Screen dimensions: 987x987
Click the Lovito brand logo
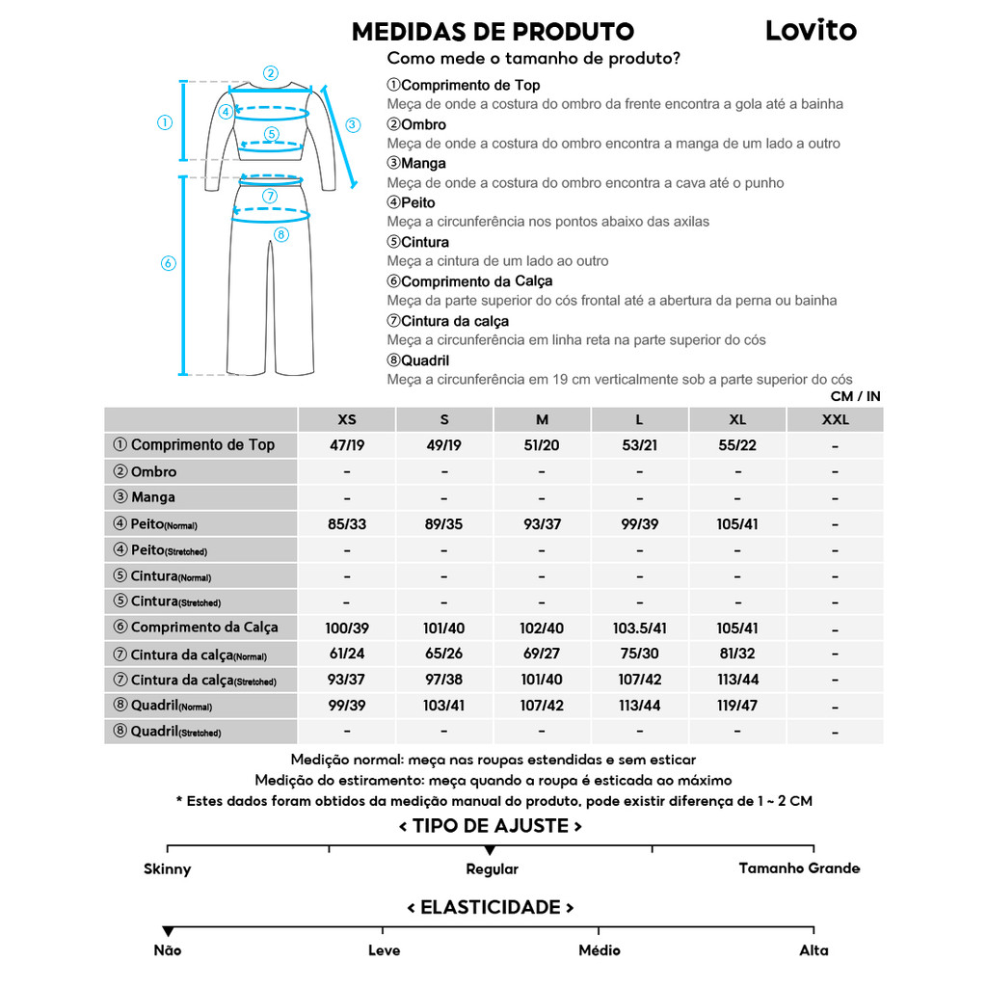pos(811,30)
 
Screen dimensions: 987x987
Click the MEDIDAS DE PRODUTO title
pos(493,32)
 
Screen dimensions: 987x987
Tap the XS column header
pos(347,419)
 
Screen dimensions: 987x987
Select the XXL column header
pos(835,419)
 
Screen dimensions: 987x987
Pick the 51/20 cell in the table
pos(542,445)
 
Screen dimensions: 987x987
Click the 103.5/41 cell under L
pos(640,628)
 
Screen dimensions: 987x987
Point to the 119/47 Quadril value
pos(737,706)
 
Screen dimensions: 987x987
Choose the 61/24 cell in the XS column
pos(347,654)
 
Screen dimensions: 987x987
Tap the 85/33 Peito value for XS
pos(347,524)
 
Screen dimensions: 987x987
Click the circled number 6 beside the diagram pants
pos(168,263)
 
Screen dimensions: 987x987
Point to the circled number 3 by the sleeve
pos(353,124)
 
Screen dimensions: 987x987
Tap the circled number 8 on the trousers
pos(281,233)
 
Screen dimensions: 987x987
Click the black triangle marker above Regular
pos(491,850)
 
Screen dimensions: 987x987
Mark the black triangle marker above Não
pos(168,931)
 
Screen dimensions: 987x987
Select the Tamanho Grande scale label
pos(799,868)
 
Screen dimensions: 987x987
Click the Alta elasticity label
pos(814,950)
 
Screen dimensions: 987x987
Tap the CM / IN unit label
pos(855,396)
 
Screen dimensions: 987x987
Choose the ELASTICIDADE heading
pos(491,908)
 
